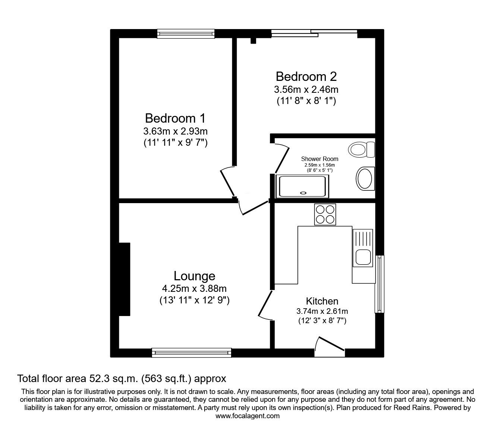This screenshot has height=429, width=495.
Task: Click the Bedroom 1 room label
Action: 175,119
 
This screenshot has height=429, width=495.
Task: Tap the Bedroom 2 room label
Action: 306,76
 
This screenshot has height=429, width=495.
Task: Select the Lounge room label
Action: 194,276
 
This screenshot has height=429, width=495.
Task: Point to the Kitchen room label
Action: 322,301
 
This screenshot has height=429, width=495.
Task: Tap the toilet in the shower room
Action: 361,149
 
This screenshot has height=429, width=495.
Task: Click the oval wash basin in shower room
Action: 365,179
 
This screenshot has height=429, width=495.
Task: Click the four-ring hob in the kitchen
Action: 325,214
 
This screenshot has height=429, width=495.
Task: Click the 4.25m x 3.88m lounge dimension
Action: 194,288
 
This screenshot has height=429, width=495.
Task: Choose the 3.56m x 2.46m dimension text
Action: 306,89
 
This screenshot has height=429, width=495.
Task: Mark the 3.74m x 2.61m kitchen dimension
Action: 322,311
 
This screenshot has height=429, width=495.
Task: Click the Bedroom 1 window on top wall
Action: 186,34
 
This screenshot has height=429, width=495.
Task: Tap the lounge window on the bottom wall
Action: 192,352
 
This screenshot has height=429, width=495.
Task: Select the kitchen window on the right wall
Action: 379,284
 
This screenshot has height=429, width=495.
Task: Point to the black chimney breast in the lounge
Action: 124,279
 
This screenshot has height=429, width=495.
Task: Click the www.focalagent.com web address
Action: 248,416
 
